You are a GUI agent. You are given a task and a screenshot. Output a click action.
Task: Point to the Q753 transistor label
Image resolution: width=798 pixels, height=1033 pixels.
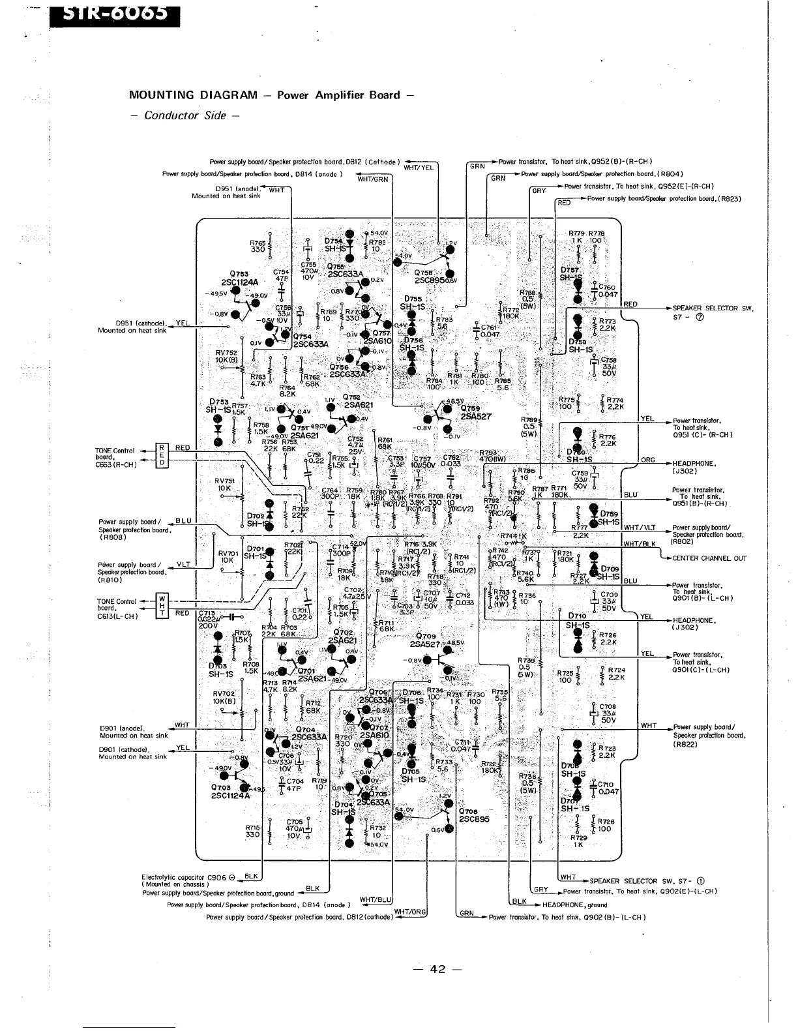tap(239, 274)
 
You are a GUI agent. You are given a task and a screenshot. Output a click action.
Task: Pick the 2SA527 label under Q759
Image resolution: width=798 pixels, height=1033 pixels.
tap(476, 417)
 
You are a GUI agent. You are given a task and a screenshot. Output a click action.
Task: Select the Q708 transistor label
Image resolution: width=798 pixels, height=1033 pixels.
tap(469, 811)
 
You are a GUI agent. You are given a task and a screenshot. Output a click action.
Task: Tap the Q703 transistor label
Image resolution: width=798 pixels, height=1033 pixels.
tap(221, 787)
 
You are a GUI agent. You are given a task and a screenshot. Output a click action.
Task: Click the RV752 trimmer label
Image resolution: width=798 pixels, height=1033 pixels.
tap(226, 352)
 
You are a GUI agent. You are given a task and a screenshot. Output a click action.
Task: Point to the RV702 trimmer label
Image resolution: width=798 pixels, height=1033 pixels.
tap(224, 694)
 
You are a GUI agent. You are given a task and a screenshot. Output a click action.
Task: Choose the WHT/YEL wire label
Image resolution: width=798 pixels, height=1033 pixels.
tap(419, 168)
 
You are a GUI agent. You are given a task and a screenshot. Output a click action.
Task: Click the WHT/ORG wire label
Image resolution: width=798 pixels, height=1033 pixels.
tap(410, 912)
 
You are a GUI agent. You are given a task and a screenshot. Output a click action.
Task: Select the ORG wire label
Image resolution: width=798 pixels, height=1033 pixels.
tap(647, 460)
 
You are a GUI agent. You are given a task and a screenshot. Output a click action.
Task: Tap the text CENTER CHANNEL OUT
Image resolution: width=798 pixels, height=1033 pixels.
tap(709, 558)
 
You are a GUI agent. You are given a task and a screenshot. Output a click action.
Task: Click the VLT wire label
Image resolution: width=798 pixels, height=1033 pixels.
tap(184, 564)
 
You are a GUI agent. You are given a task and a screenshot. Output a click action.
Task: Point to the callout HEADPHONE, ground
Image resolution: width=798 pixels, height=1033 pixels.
tap(574, 905)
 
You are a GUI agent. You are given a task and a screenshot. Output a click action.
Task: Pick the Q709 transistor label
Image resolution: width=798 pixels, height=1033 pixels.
tap(425, 636)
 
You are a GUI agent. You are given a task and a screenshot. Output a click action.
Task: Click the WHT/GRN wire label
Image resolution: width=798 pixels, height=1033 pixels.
tap(372, 179)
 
